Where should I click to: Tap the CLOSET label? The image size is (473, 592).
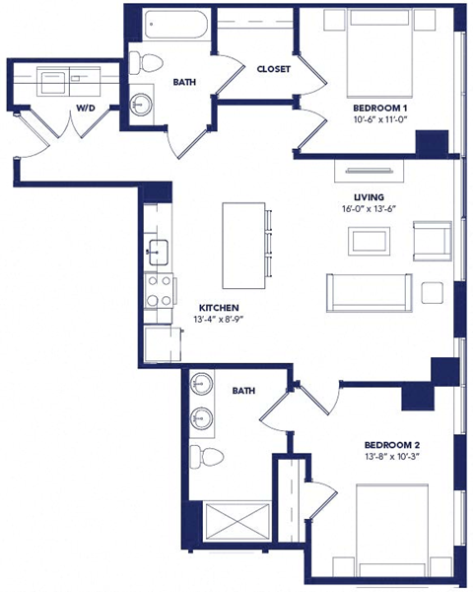click(272, 69)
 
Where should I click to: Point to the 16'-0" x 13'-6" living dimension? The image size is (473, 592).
click(368, 208)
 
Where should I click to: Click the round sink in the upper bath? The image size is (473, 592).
click(143, 102)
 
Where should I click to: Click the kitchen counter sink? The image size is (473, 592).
click(157, 250)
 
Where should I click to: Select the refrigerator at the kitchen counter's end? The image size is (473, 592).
click(161, 344)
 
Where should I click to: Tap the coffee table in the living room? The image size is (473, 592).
click(372, 240)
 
